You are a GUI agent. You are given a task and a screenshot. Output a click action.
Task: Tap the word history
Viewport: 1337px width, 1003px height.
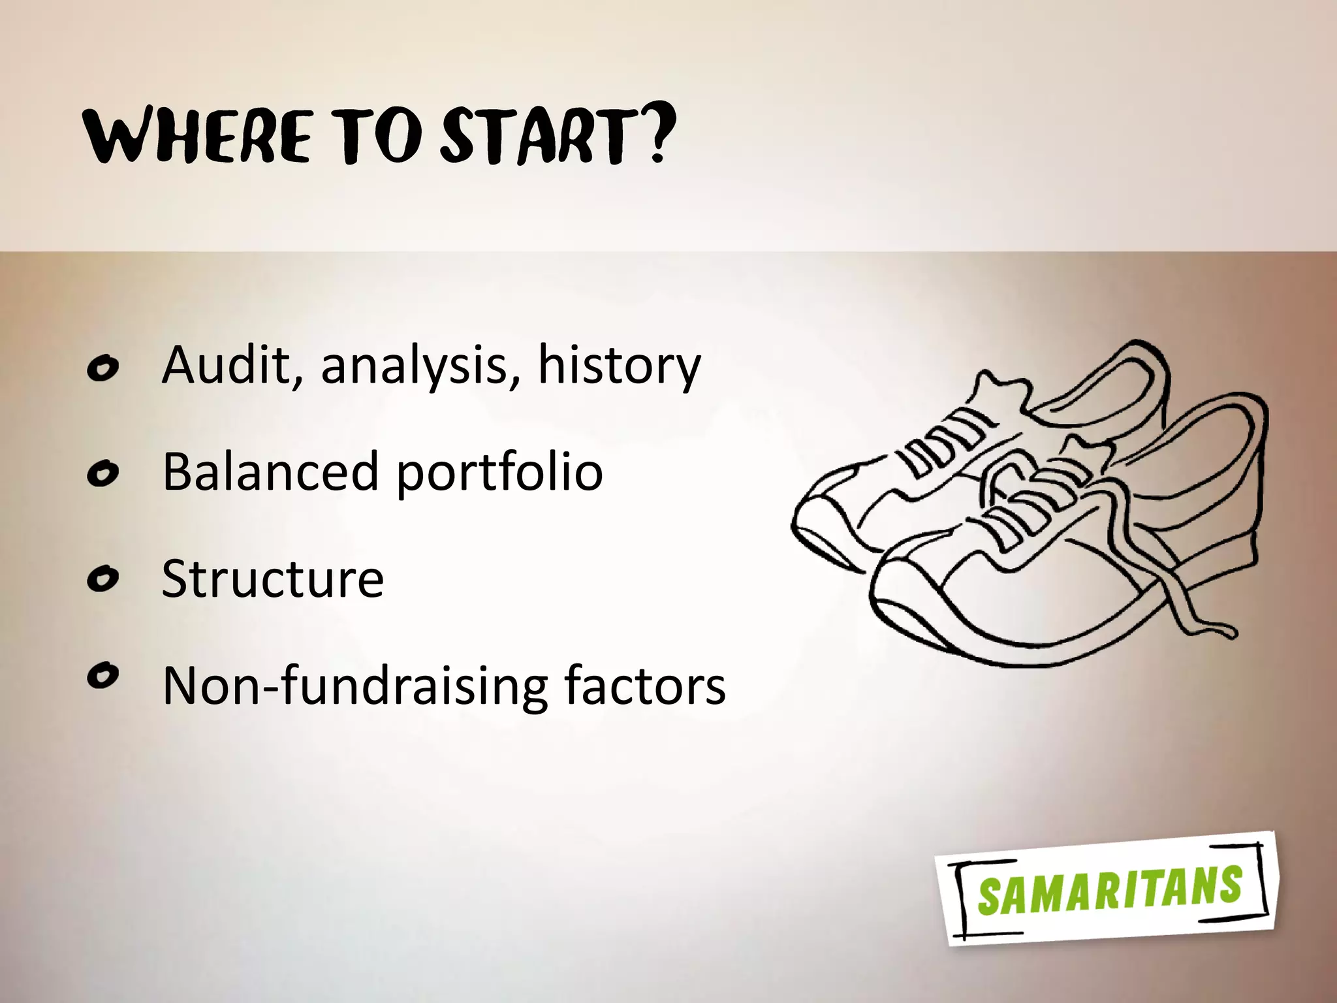point(619,366)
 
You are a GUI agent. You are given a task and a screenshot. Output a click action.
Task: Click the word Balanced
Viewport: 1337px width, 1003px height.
point(270,471)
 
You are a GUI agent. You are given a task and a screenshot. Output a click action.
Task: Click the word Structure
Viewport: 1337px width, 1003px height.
point(272,578)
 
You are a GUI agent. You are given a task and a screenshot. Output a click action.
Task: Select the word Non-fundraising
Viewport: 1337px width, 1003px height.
point(355,686)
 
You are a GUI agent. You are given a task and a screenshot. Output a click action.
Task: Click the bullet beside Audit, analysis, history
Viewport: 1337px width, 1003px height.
point(102,369)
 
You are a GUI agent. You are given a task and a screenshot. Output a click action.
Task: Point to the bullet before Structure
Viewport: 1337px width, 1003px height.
point(102,579)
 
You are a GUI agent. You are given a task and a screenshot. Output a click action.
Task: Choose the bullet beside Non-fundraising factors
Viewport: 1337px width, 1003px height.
point(102,676)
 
